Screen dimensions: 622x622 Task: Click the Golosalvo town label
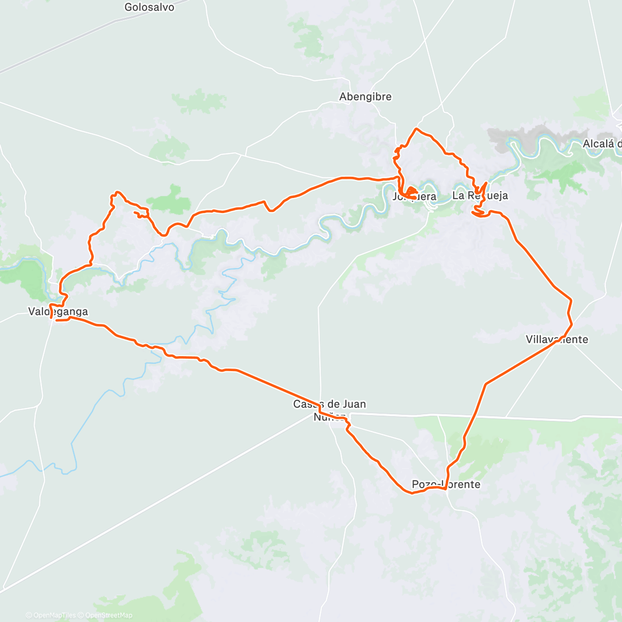(149, 7)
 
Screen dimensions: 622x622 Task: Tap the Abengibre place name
(365, 97)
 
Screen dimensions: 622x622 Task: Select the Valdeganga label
(58, 312)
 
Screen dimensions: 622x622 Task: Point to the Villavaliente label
(557, 340)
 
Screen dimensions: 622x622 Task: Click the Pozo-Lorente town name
(446, 485)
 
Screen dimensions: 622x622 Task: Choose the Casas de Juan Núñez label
(330, 410)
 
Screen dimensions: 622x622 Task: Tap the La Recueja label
(480, 195)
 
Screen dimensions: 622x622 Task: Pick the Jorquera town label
(415, 197)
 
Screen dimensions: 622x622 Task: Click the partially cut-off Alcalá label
(602, 144)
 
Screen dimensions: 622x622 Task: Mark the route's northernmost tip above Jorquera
(416, 129)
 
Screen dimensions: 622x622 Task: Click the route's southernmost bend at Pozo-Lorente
(413, 493)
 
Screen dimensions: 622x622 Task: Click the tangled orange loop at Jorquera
(410, 193)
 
